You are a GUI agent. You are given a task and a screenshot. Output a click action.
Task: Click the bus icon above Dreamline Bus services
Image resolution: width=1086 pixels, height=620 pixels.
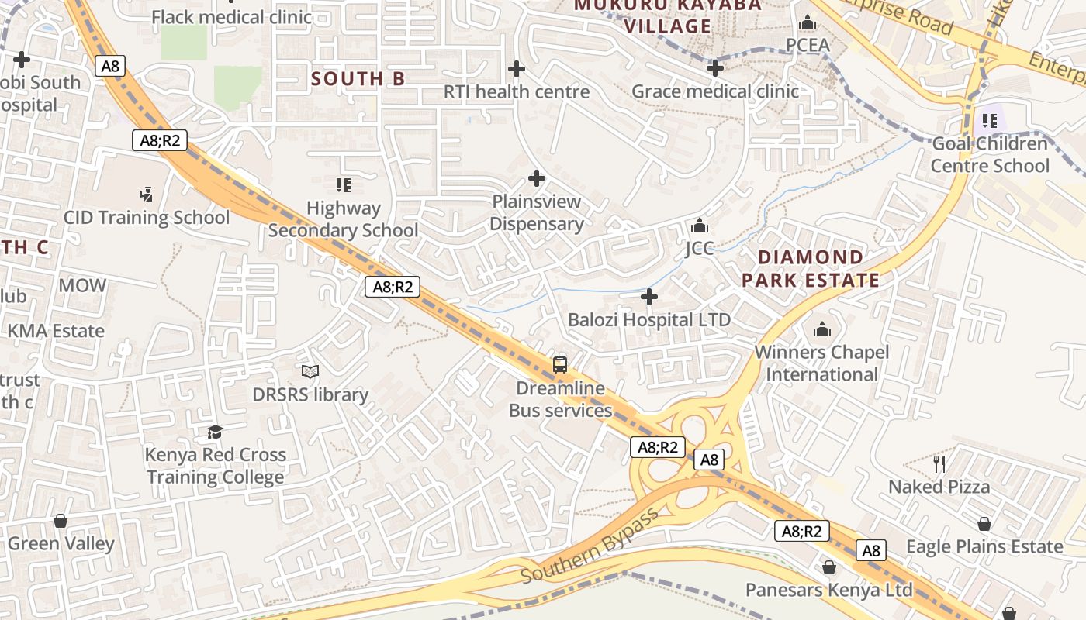point(559,364)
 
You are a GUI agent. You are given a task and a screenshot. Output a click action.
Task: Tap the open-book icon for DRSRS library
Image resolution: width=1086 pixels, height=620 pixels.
point(310,372)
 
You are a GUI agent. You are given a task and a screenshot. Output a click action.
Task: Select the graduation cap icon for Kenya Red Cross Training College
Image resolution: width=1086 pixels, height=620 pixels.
point(215,432)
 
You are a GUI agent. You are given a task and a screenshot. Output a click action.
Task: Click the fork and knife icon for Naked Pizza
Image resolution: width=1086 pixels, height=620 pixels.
point(939,464)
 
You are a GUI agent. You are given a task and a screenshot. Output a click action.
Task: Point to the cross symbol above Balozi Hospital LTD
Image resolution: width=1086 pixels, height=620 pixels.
point(649,297)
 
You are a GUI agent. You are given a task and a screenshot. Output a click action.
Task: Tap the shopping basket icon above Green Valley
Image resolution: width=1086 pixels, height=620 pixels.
point(61,521)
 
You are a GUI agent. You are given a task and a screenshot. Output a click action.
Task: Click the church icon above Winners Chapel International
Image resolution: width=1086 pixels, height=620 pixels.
point(822,330)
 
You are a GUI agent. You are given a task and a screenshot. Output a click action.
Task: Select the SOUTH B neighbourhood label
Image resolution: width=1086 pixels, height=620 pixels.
point(358,79)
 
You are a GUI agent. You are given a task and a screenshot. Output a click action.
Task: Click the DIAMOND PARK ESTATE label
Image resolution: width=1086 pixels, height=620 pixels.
point(811,269)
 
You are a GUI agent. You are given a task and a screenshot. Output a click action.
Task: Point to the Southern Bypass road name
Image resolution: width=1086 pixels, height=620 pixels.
point(590,546)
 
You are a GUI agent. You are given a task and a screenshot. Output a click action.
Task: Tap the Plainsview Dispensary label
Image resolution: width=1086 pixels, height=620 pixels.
point(537,213)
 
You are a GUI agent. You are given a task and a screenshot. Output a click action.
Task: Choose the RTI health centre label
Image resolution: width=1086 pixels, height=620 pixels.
point(517,91)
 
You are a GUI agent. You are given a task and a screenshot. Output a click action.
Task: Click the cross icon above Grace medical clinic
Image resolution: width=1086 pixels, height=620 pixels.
point(714,69)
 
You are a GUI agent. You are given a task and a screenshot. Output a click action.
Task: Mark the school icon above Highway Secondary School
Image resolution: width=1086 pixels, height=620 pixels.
point(344,184)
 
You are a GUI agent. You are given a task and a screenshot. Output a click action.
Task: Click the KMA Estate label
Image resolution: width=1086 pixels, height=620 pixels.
point(56,331)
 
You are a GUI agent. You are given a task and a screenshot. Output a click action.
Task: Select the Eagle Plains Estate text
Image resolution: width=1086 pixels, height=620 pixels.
point(984,546)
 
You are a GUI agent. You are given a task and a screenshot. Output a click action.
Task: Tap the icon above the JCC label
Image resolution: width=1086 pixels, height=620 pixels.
point(700,226)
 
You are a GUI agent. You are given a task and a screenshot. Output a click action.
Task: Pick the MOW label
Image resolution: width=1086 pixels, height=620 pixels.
point(82,285)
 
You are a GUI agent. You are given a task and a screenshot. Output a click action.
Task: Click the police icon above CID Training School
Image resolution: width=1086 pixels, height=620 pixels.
point(146,194)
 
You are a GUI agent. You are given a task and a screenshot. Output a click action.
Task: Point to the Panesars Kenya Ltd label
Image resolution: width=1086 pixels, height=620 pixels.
point(828,590)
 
